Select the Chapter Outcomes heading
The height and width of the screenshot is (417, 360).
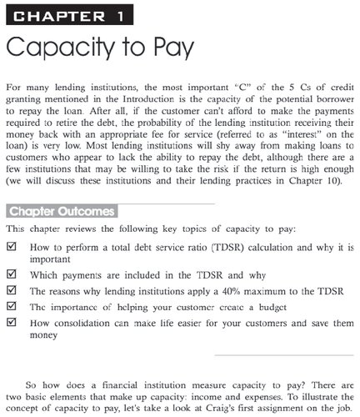[61, 210]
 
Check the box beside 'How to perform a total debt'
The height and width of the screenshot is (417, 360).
[11, 247]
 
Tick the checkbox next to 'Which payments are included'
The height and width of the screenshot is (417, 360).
[11, 276]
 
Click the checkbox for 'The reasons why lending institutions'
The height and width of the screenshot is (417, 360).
[11, 291]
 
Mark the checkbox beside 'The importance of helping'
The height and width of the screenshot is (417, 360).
[11, 306]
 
